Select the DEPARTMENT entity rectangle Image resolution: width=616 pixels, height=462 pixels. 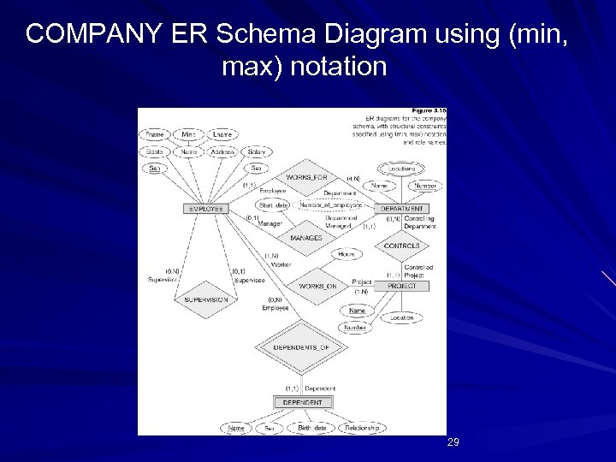[401, 208]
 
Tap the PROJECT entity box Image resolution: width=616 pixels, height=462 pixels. [401, 286]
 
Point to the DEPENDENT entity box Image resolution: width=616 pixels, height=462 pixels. [303, 402]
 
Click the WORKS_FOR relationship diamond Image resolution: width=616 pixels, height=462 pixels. [305, 177]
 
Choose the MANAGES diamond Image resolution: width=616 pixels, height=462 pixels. [305, 237]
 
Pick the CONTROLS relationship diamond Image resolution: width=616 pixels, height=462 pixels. [401, 246]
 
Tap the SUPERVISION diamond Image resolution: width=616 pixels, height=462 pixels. [205, 300]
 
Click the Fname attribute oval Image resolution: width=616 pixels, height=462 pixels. [155, 134]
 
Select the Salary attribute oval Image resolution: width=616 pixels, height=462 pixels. [256, 151]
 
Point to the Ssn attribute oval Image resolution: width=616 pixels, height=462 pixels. [155, 169]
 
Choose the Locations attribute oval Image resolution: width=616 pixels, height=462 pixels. [396, 169]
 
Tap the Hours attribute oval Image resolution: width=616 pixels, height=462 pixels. [346, 255]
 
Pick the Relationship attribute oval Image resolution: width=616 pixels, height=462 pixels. [363, 427]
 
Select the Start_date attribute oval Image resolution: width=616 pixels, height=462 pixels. [272, 205]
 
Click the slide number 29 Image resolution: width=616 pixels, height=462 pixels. [453, 442]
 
